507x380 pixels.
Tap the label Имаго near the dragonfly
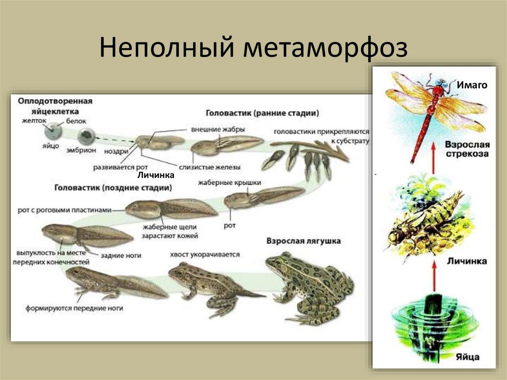coord(472,85)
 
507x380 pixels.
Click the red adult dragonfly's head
coord(439,90)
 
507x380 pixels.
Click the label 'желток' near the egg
coord(34,120)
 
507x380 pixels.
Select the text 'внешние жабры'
coord(214,129)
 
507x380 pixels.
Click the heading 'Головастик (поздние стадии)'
coord(113,188)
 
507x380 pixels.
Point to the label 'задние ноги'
coord(121,256)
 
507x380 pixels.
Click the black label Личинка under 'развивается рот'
coord(156,175)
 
